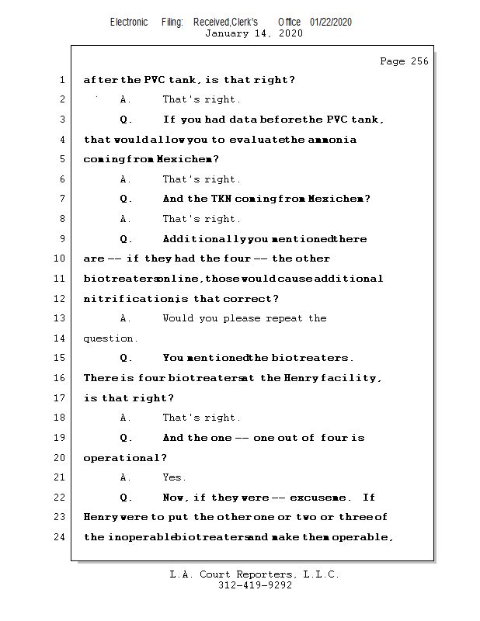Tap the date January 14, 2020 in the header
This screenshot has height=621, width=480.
click(x=254, y=33)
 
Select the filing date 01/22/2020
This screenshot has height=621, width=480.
click(x=331, y=22)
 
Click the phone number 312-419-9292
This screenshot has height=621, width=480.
click(x=255, y=586)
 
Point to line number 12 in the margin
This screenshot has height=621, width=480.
click(x=61, y=298)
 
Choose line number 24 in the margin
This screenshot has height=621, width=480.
click(x=61, y=536)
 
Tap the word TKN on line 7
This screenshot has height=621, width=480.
click(x=223, y=199)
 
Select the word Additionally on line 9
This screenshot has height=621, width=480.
click(x=204, y=239)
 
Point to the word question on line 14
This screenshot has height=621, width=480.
click(x=110, y=338)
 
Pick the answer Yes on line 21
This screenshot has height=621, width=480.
click(x=173, y=477)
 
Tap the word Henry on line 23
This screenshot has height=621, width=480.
click(x=102, y=517)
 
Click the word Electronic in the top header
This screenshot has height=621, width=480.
click(x=129, y=22)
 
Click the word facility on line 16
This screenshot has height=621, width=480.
click(x=353, y=378)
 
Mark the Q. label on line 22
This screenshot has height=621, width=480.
click(x=126, y=498)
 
